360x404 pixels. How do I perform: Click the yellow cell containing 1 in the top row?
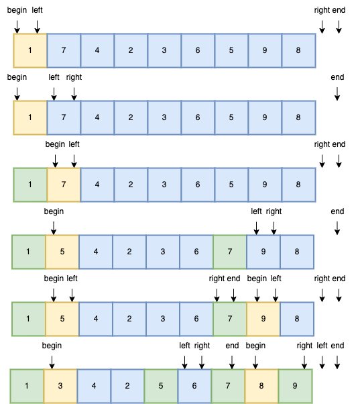coord(30,50)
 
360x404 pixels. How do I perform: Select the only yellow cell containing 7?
coord(64,185)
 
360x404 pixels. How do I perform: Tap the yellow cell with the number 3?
coord(60,386)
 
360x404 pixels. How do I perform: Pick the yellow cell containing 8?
coord(261,386)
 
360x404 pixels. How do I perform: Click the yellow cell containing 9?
coord(263,319)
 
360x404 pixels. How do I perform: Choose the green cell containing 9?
coord(295,386)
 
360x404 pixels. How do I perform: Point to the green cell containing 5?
coord(161,386)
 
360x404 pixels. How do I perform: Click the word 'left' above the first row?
coord(37,10)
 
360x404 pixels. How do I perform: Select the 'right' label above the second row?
coord(74,77)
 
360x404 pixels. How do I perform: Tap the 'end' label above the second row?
coord(337,77)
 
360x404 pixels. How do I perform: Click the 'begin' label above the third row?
coord(55,144)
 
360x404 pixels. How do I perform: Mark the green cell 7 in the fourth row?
coord(230,252)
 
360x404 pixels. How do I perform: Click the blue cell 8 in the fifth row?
coord(297,319)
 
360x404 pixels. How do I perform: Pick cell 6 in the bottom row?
coord(194,386)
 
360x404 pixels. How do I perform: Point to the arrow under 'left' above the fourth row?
coord(256,228)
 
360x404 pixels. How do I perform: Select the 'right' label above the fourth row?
coord(274,211)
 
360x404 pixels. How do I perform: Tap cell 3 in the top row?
coord(164,50)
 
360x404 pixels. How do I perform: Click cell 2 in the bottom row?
coord(127,386)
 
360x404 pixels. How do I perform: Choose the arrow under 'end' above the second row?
coord(337,94)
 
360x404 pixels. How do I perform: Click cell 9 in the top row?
coord(265,50)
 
